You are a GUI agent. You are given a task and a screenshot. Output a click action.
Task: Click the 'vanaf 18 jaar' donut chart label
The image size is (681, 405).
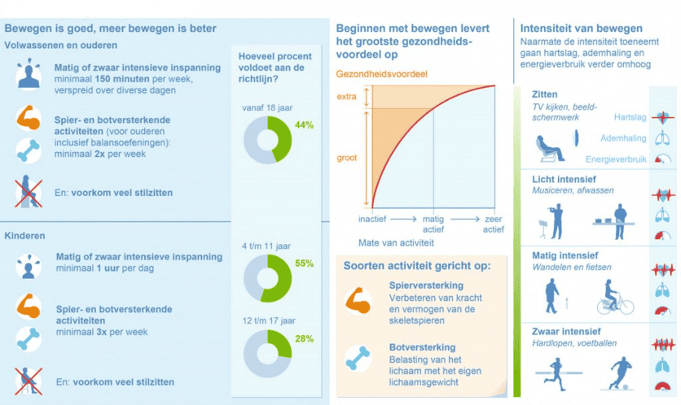coord(266,107)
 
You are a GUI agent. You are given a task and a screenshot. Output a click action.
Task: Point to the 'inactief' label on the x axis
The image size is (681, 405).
coord(373,220)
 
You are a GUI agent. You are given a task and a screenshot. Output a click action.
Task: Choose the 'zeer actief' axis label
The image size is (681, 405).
coord(493,224)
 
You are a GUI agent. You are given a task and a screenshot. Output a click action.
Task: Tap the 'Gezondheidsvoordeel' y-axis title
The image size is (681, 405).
coord(382,74)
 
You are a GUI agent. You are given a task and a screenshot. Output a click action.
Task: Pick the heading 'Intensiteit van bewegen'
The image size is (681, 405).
coord(582,29)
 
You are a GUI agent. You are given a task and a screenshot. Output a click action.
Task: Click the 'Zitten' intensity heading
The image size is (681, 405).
coord(545,95)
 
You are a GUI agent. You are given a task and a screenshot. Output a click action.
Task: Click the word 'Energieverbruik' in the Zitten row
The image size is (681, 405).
coord(615,159)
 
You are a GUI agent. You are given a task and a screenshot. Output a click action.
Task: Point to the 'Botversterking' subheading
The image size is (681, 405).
coord(423,347)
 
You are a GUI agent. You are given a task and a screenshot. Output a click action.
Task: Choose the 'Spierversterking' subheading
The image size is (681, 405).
coord(426,285)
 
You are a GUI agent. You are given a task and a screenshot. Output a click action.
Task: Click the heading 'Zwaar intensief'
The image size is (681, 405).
coord(566,331)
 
